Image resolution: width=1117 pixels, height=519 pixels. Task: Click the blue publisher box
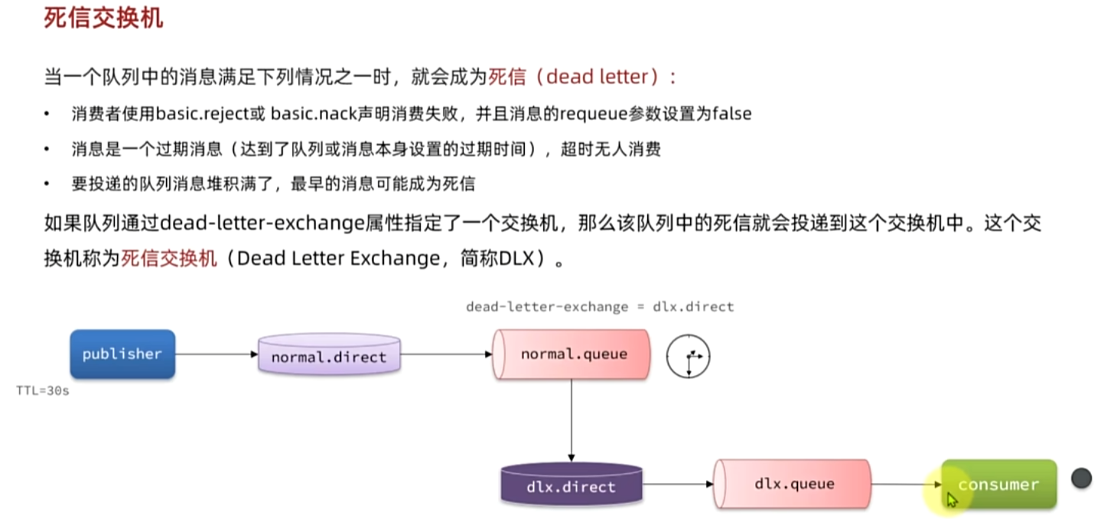(x=122, y=354)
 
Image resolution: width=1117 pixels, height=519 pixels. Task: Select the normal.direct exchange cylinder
(x=329, y=355)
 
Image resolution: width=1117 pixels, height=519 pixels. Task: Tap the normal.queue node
(x=572, y=354)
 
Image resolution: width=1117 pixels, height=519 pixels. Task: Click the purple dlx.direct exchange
(x=571, y=485)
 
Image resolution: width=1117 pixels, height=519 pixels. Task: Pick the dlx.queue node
(x=793, y=484)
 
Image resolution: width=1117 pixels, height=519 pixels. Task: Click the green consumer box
(x=998, y=484)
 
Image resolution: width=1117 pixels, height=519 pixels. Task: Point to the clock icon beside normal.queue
(x=688, y=357)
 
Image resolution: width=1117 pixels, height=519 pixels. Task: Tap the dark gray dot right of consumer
(x=1081, y=478)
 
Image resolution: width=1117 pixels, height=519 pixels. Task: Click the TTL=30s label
(x=43, y=390)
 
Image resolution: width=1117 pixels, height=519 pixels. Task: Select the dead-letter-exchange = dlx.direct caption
(x=600, y=307)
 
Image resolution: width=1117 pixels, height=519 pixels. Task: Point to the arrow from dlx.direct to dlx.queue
(x=677, y=484)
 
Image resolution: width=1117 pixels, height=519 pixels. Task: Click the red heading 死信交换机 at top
(x=103, y=18)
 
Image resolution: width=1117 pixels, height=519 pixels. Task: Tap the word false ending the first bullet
(x=731, y=114)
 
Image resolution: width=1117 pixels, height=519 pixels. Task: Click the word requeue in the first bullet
(x=589, y=114)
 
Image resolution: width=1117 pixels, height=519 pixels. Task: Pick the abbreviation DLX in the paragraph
(x=518, y=258)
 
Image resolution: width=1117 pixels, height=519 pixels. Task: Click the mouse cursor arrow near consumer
(x=952, y=499)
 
